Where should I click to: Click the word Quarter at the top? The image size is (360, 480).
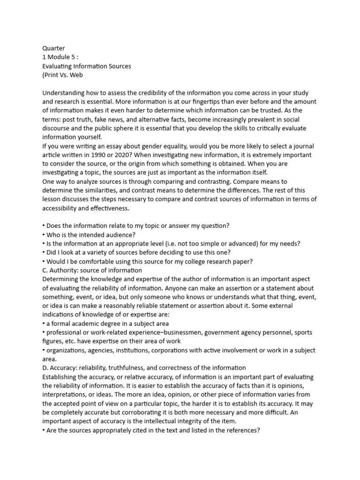tap(53, 48)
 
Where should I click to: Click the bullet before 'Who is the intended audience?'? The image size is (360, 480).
tap(44, 234)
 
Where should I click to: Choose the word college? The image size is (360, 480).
tap(205, 261)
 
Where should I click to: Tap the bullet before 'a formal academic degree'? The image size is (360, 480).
tap(44, 323)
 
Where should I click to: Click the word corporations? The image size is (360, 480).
tap(177, 350)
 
